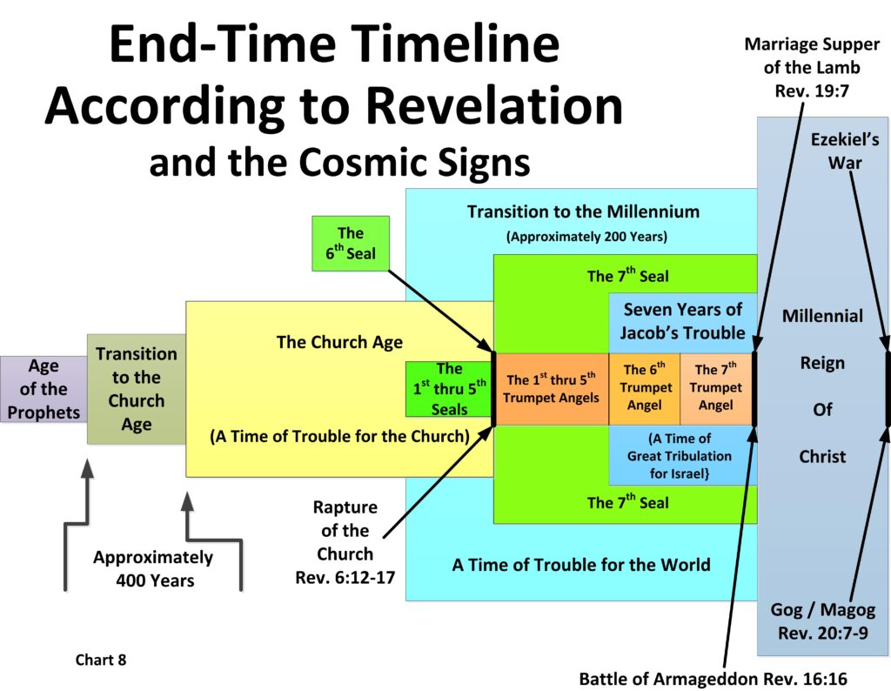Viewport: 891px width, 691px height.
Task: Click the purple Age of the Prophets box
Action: pyautogui.click(x=43, y=388)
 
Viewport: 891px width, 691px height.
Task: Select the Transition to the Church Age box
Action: pyautogui.click(x=136, y=389)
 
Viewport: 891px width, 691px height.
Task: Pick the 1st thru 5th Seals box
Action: pyautogui.click(x=449, y=389)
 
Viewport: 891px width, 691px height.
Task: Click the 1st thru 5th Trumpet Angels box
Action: pyautogui.click(x=553, y=388)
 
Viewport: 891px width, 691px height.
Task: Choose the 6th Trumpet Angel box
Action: pyautogui.click(x=644, y=388)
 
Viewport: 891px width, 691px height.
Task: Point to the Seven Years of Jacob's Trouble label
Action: pyautogui.click(x=682, y=320)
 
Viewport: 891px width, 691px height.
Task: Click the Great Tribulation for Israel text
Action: pyautogui.click(x=680, y=455)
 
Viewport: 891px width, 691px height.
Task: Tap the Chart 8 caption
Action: pyautogui.click(x=101, y=660)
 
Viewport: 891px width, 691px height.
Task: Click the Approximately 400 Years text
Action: pyautogui.click(x=153, y=568)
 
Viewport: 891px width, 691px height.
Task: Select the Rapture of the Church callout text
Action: pyautogui.click(x=345, y=541)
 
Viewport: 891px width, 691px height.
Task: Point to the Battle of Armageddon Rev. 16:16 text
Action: pyautogui.click(x=713, y=679)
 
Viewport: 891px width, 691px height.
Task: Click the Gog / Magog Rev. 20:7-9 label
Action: pyautogui.click(x=822, y=621)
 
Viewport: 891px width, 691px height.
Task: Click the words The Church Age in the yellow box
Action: pyautogui.click(x=339, y=342)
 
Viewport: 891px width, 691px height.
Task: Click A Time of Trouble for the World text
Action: pyautogui.click(x=580, y=564)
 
